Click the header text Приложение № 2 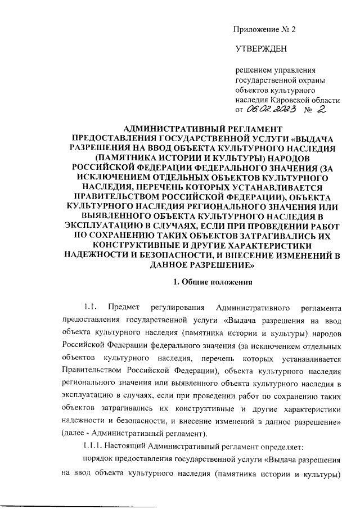pos(264,30)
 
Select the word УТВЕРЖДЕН pos(260,49)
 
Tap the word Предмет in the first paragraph pos(128,307)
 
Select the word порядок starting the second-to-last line pos(97,461)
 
